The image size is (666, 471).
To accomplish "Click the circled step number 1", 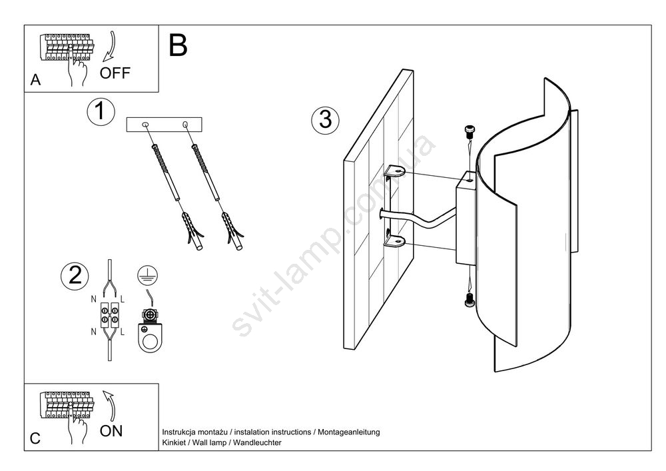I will (101, 112).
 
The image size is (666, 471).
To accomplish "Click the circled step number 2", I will (74, 276).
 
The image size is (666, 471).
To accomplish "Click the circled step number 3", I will (325, 120).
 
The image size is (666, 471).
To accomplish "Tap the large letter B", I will (178, 46).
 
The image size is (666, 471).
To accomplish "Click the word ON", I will (111, 430).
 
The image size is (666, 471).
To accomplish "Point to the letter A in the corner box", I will (36, 81).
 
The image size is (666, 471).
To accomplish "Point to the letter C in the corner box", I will (35, 439).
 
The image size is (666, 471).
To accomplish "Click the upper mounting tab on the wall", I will (397, 171).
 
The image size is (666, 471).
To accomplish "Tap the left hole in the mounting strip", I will (146, 124).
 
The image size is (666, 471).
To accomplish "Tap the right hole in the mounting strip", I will (185, 124).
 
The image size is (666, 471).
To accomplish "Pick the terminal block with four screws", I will (110, 315).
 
